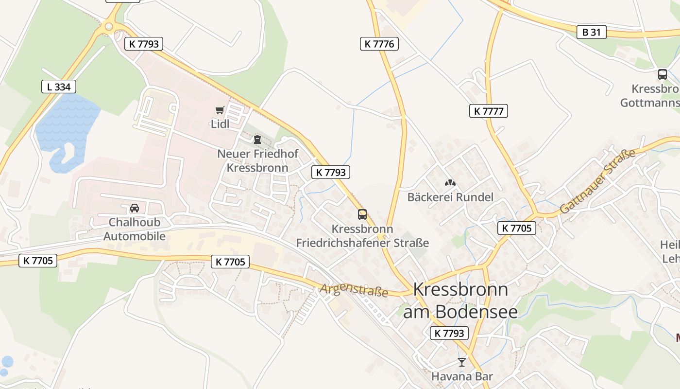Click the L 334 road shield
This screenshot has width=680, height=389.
[x=59, y=87]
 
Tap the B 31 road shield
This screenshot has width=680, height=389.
[x=592, y=32]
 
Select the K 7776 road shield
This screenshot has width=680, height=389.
[x=379, y=44]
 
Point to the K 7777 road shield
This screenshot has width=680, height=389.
[x=488, y=111]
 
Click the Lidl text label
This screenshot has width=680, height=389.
[x=220, y=124]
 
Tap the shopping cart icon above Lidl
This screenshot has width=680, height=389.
[x=220, y=110]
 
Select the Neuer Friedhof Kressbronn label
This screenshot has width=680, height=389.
[x=257, y=161]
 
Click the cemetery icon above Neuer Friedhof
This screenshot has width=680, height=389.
[x=257, y=140]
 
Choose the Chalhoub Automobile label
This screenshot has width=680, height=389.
[x=135, y=229]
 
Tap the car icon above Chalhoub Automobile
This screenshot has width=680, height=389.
[x=135, y=208]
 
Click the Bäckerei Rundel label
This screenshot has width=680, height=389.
[x=450, y=197]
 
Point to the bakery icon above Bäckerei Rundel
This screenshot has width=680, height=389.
[x=450, y=183]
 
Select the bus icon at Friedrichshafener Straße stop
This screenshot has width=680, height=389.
[x=362, y=214]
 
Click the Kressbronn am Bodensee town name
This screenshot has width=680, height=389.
[x=460, y=300]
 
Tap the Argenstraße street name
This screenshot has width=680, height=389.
[x=354, y=290]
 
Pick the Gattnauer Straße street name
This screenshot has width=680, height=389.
[x=598, y=181]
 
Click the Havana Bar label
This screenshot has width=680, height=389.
[x=462, y=376]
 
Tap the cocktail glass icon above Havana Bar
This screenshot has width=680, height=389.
[x=462, y=362]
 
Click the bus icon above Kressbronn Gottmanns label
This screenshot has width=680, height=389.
[x=662, y=74]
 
